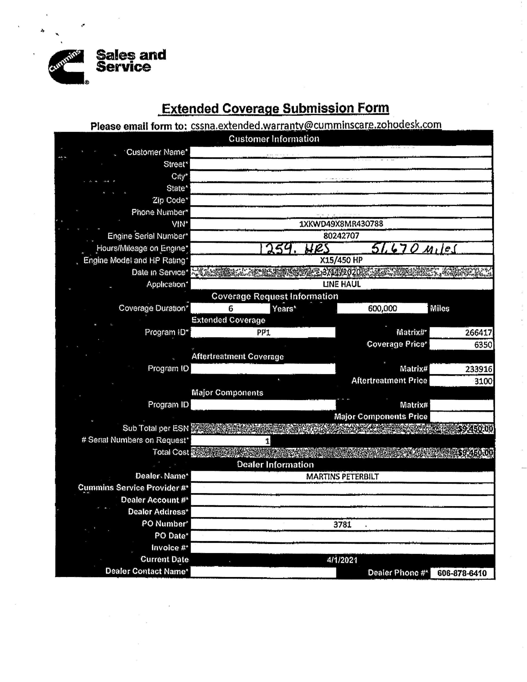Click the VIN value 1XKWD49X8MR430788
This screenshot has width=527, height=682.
click(341, 224)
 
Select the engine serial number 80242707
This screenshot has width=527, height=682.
click(341, 236)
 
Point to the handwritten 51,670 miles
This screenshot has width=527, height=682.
click(413, 249)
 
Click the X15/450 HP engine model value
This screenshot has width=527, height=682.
click(341, 260)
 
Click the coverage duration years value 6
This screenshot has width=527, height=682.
click(230, 308)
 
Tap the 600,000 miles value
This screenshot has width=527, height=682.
click(382, 308)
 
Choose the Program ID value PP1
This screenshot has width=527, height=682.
click(263, 332)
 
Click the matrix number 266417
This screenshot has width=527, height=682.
click(478, 332)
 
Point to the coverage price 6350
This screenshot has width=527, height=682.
click(483, 345)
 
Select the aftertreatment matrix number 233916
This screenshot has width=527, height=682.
click(478, 369)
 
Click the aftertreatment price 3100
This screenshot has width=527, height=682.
click(483, 381)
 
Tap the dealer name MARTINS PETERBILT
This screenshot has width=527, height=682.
click(342, 477)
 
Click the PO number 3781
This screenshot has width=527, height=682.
click(342, 524)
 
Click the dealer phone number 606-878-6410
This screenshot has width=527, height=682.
click(462, 573)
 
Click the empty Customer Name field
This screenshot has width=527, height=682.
click(341, 152)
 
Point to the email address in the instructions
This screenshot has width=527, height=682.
click(316, 125)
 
